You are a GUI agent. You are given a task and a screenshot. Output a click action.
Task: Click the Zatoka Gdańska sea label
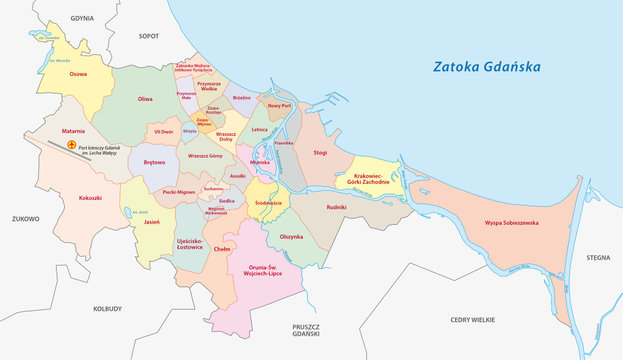pyautogui.click(x=486, y=67)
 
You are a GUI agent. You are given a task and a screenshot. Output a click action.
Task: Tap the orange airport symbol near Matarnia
pyautogui.click(x=71, y=145)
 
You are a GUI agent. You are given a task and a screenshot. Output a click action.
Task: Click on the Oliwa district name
pyautogui.click(x=145, y=99)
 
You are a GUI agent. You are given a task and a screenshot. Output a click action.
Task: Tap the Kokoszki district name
pyautogui.click(x=77, y=198)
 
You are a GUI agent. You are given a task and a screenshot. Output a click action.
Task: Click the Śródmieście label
pyautogui.click(x=269, y=202)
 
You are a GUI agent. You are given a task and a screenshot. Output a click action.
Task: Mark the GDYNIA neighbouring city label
pyautogui.click(x=82, y=18)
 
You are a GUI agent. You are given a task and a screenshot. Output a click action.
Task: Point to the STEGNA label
pyautogui.click(x=598, y=257)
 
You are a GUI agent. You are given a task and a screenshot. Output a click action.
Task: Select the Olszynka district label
pyautogui.click(x=291, y=236)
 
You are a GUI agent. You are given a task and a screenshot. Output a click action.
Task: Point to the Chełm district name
pyautogui.click(x=223, y=248)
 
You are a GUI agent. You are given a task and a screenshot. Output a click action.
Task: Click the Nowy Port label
pyautogui.click(x=280, y=105)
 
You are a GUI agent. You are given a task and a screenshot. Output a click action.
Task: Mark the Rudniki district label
pyautogui.click(x=336, y=207)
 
